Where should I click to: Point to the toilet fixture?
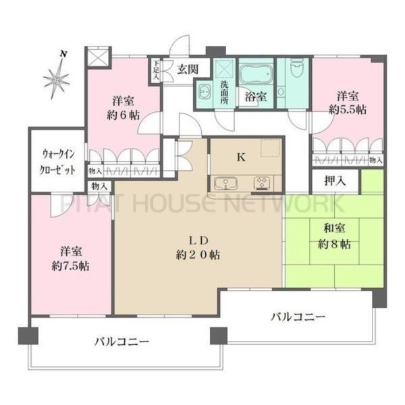click(296, 70)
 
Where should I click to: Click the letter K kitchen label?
click(240, 157)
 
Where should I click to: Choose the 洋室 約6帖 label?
click(125, 107)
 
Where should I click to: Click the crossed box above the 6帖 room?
click(99, 58)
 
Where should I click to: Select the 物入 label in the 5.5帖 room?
click(375, 161)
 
